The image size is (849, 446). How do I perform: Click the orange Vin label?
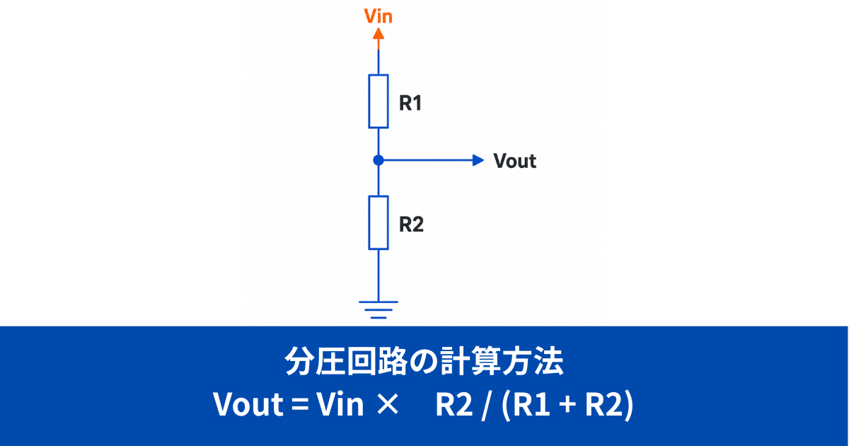tap(378, 16)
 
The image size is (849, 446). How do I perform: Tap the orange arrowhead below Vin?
tap(379, 34)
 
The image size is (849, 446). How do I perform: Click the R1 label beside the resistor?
tap(410, 103)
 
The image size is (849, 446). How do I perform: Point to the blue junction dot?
tap(379, 161)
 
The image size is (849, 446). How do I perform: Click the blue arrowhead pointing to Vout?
tap(478, 161)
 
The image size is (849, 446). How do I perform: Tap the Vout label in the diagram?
tap(515, 161)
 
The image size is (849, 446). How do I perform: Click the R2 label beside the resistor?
tap(411, 224)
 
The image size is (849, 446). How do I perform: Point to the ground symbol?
tap(379, 309)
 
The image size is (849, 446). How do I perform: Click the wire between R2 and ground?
tap(379, 275)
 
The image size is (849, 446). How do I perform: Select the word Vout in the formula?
tap(248, 404)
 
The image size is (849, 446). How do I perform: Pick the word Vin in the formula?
tap(340, 404)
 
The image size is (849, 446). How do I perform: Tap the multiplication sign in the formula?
tap(388, 405)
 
